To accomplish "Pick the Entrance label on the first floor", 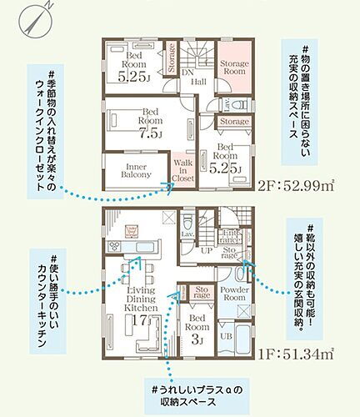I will [x=229, y=234].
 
